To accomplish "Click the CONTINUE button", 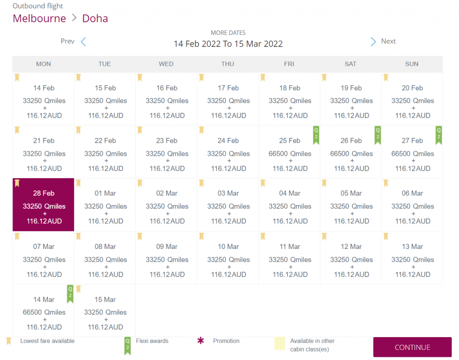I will (412, 347).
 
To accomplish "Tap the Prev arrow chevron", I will (83, 42).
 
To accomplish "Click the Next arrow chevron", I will (373, 42).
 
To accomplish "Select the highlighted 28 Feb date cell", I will (43, 205).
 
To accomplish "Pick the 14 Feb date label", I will (43, 88).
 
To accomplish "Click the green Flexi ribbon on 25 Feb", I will (316, 135).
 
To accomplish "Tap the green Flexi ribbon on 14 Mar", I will (70, 294).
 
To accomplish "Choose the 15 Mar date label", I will (105, 300).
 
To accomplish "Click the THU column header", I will (228, 64).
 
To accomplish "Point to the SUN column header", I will (412, 64).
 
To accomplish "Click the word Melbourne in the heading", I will (39, 18).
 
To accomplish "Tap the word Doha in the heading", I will (95, 18).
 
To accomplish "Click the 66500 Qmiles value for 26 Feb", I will (351, 154).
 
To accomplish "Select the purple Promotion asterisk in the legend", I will (201, 341).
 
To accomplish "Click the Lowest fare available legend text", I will (48, 341).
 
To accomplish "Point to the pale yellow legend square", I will (280, 343).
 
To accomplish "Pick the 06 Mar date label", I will (412, 193).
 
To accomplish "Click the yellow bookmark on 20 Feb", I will (386, 77).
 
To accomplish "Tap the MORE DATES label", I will (228, 33).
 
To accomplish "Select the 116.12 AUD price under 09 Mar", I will (166, 274).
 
